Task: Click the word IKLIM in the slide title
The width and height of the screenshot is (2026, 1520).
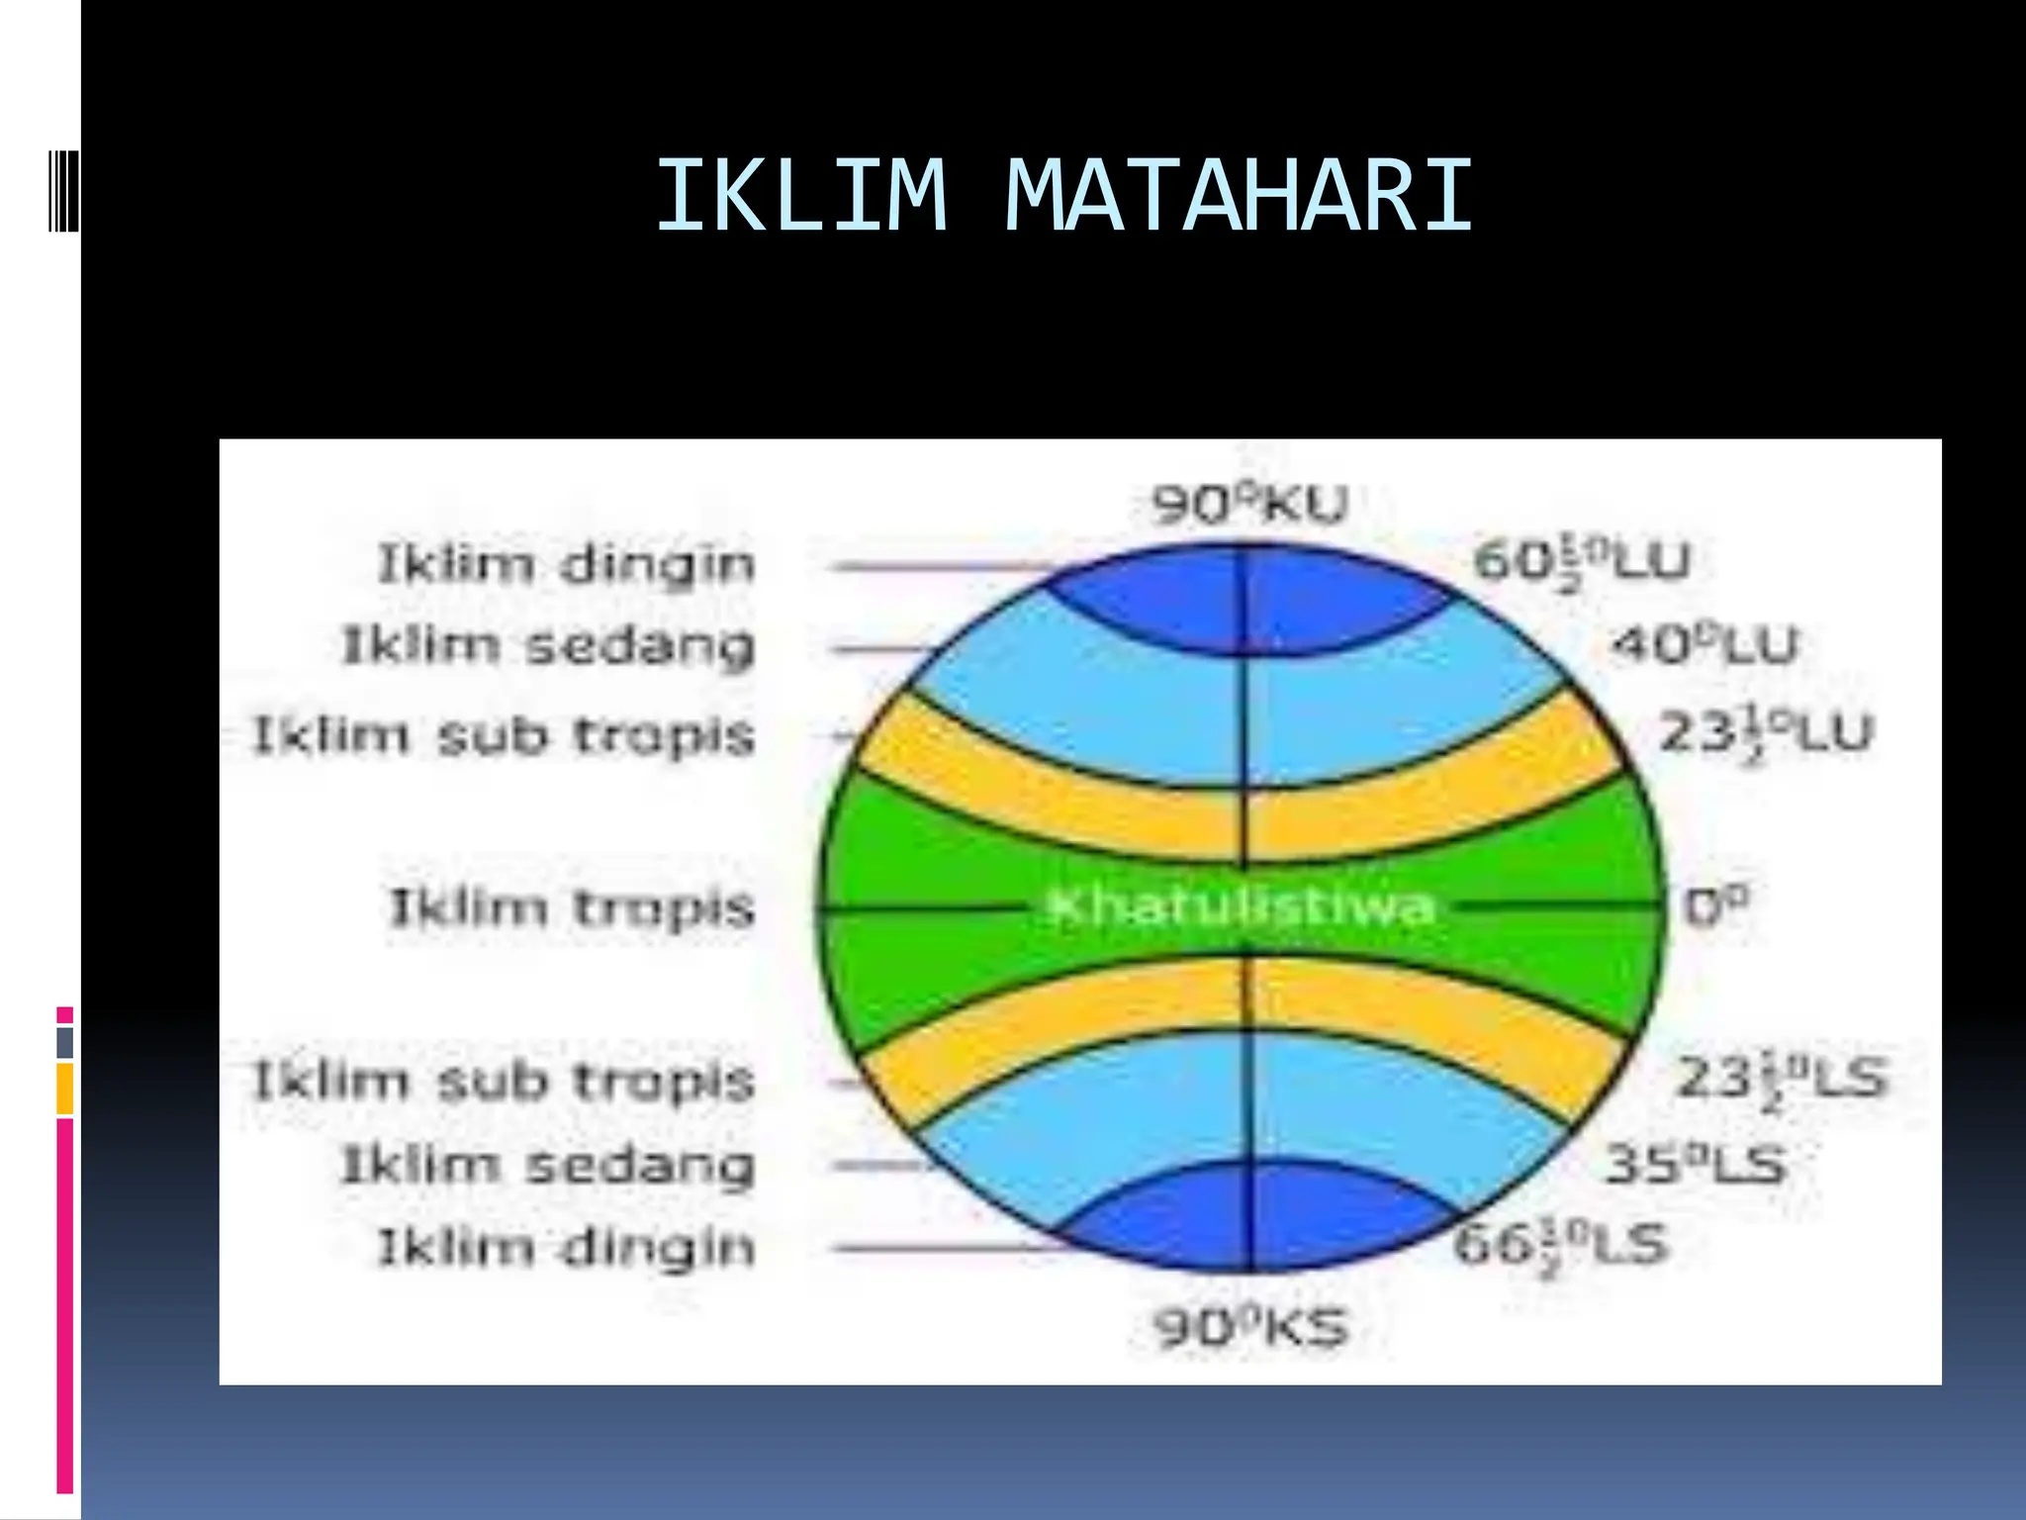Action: pyautogui.click(x=801, y=196)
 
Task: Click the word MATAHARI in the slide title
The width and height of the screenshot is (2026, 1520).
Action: pyautogui.click(x=1239, y=196)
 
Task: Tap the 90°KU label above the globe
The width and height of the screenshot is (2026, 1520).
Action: pyautogui.click(x=1249, y=505)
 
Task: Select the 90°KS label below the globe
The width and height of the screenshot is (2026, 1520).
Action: pyautogui.click(x=1250, y=1327)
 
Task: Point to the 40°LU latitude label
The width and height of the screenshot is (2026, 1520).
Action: pyautogui.click(x=1704, y=645)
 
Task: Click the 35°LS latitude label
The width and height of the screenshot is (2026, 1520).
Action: pyautogui.click(x=1695, y=1164)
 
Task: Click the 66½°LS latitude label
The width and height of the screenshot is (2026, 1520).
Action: pyautogui.click(x=1561, y=1246)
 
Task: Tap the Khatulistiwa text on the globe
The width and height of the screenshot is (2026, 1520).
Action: pyautogui.click(x=1241, y=906)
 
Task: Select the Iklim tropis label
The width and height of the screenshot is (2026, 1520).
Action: pyautogui.click(x=572, y=907)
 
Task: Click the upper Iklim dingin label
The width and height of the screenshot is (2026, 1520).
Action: pyautogui.click(x=566, y=565)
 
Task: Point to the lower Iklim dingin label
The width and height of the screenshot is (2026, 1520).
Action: pyautogui.click(x=566, y=1247)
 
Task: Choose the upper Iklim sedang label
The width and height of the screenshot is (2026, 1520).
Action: pyautogui.click(x=548, y=646)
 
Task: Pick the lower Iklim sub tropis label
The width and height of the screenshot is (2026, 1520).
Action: pyautogui.click(x=505, y=1081)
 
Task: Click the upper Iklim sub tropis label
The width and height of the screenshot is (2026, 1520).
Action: pyautogui.click(x=505, y=735)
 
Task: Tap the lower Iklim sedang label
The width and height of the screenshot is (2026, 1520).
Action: pyautogui.click(x=548, y=1165)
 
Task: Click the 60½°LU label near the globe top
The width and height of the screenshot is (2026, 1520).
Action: pyautogui.click(x=1581, y=561)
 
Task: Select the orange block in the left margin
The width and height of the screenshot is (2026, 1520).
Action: pyautogui.click(x=65, y=1089)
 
